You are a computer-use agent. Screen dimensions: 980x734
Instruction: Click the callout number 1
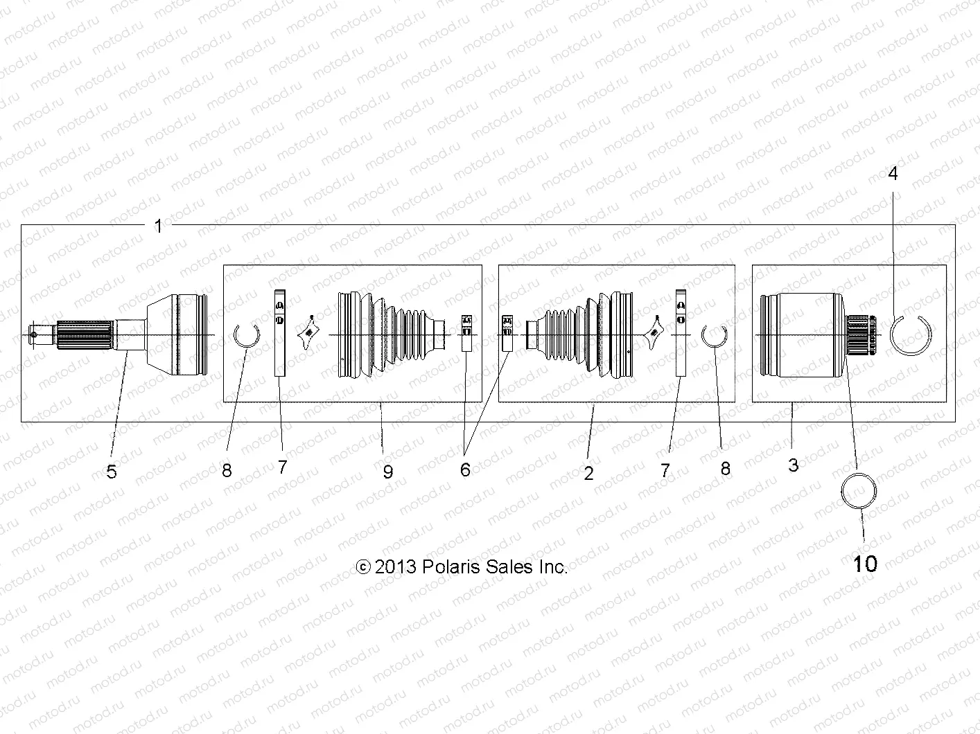pos(158,226)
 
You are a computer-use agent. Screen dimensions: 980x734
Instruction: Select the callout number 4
pos(893,173)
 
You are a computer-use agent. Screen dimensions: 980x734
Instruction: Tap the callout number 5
pos(111,472)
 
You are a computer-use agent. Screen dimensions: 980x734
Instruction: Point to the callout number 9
pos(387,472)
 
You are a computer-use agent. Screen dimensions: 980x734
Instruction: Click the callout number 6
pos(465,469)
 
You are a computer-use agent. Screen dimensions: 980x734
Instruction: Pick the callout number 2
pos(588,473)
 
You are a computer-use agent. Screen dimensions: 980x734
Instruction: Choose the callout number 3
pos(793,465)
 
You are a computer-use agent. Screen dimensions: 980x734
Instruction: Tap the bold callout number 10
pos(865,564)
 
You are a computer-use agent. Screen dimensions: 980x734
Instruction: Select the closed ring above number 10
pos(842,490)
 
